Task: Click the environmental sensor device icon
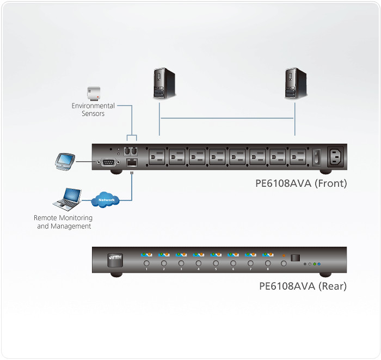click(94, 93)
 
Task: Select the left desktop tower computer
click(159, 83)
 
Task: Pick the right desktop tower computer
click(294, 83)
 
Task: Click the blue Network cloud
click(107, 200)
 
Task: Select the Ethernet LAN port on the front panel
click(131, 162)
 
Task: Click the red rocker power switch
click(315, 157)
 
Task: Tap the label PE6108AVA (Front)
click(301, 184)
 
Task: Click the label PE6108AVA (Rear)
click(303, 286)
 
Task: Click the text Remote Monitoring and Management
click(64, 222)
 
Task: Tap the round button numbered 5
click(216, 263)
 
